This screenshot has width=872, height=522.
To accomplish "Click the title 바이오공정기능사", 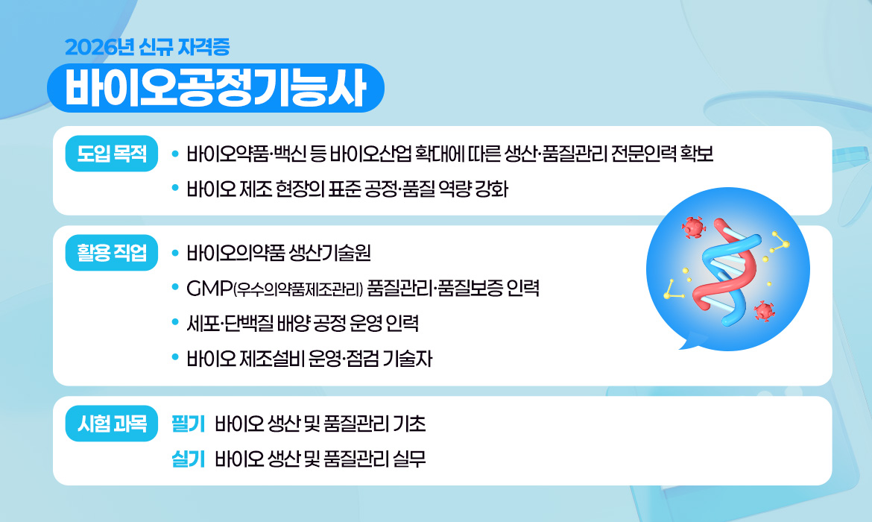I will click(215, 89).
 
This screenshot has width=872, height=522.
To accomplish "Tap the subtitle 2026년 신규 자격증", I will click(147, 47).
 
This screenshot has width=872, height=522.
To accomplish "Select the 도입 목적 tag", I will click(112, 155).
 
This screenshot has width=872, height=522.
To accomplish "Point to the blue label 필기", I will click(188, 424).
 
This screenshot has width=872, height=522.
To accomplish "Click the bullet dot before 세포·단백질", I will click(175, 324).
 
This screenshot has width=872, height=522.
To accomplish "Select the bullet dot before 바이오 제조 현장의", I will click(175, 189).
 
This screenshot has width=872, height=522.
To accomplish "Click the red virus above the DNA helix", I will click(693, 224).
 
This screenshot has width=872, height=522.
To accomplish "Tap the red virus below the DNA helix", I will click(762, 310).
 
